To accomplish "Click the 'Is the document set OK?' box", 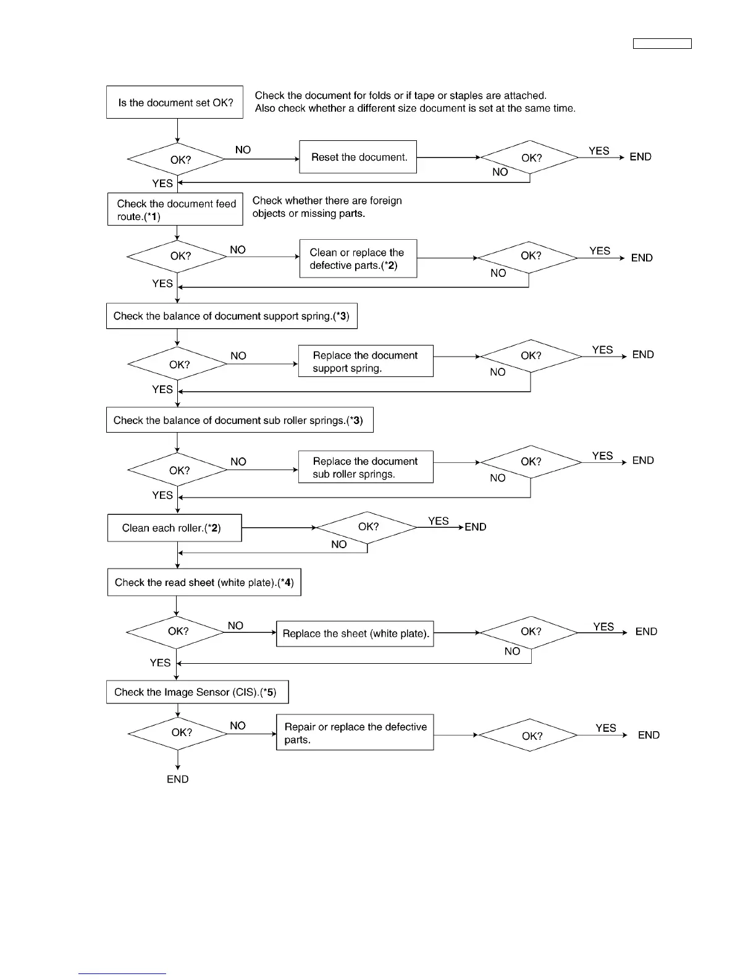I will pos(175,102).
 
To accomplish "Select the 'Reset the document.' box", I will pos(358,157).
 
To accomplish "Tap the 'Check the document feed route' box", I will pos(175,210).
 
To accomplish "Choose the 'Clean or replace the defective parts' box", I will pos(358,258).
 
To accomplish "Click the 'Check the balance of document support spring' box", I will pos(232,316).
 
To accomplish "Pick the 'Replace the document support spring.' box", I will pos(366,362).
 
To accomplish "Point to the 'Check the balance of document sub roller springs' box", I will pos(240,420).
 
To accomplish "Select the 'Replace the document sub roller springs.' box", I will pos(366,467).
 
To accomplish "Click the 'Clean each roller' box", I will pos(174,528).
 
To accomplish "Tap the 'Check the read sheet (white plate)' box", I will pos(204,582).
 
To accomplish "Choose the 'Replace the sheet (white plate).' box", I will pos(355,634).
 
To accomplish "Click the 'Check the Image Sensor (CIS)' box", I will pos(197,692).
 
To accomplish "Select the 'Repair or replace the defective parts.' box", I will pos(355,733).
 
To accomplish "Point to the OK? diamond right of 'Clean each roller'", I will pos(367,527).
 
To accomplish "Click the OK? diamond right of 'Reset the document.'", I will pos(530,158).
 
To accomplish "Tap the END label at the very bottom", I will pos(178,779).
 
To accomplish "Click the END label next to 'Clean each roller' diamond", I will pos(476,527).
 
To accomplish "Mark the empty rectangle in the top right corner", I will pos(662,43).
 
